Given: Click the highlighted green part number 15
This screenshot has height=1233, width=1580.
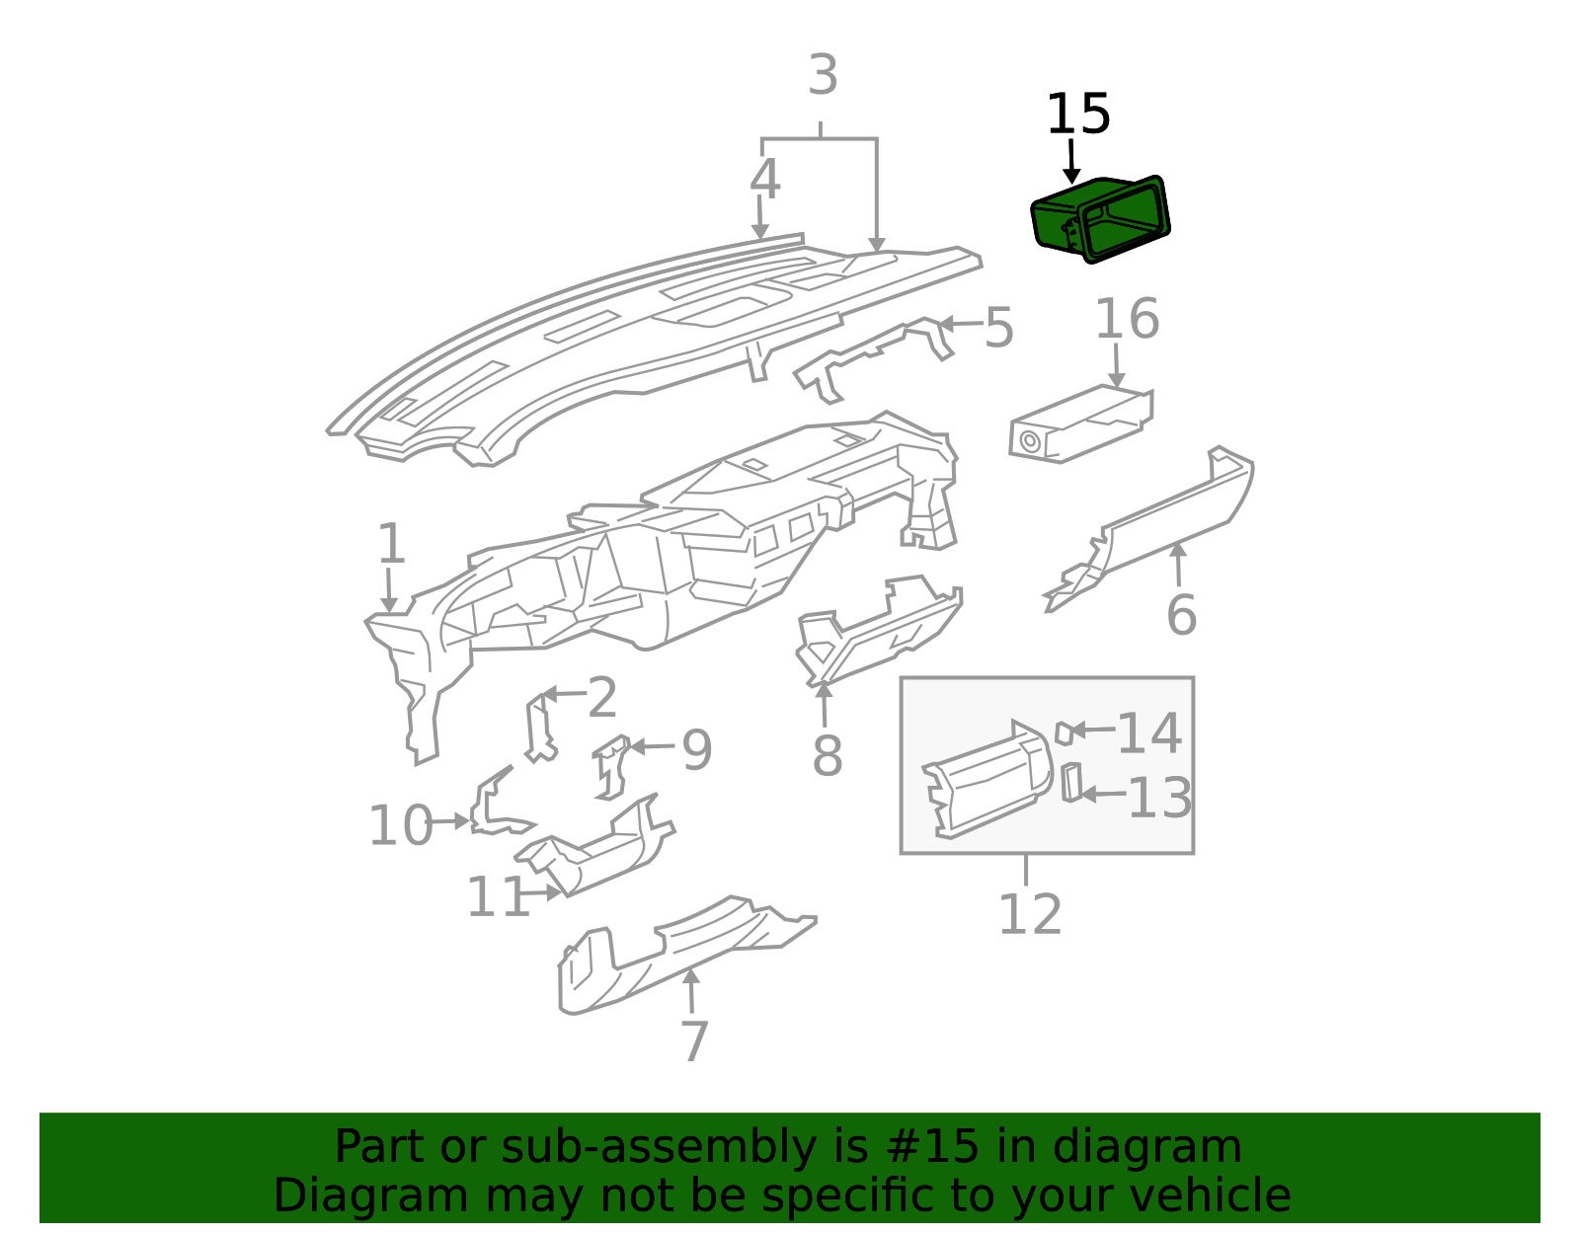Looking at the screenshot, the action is coord(1100,219).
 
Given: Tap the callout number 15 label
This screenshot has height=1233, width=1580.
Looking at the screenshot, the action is coord(1078,115).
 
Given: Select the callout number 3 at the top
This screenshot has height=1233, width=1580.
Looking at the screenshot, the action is coord(824,75).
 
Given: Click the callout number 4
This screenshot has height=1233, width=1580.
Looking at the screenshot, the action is coord(765,180).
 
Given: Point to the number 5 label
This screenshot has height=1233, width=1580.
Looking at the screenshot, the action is coord(998,328).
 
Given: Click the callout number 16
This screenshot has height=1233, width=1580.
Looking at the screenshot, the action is coord(1127,319).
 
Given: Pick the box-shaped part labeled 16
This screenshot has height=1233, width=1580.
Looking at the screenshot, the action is coord(1081,423).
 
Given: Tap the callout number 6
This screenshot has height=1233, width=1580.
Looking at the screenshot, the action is coord(1181,615).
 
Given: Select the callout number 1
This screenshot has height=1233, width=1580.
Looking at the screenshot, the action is coord(391,544).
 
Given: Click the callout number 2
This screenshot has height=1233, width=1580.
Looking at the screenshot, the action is coord(602,698).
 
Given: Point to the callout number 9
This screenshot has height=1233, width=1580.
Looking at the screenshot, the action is coord(696,750).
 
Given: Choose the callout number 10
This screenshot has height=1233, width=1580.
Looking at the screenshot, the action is coord(401,826).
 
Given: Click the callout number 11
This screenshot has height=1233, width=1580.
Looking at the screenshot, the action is coord(498,897).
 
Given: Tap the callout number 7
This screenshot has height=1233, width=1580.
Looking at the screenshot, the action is coord(694,1041).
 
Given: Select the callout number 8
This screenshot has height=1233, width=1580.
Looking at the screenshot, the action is coord(828,755).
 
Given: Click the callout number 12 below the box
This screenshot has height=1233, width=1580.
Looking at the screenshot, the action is coord(1030,915).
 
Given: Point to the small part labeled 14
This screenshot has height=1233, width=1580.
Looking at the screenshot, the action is coord(1064,733).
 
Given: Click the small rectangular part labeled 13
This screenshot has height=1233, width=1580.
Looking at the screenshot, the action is coord(1071,783).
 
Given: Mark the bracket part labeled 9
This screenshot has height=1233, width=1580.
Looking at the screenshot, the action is coord(611,767).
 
